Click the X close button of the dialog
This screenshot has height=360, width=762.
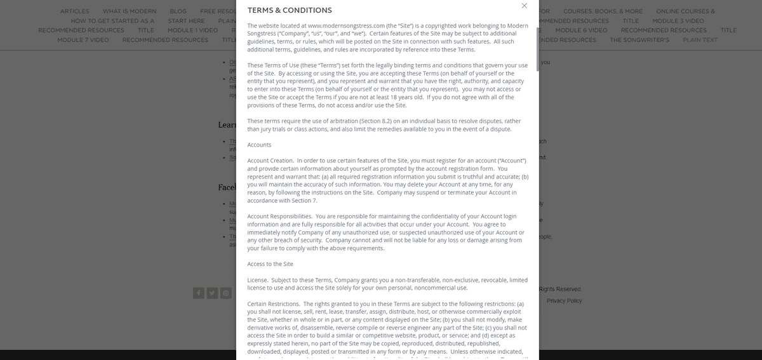coord(524,6)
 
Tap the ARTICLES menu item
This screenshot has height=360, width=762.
coord(74,11)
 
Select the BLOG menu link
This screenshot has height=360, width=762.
coord(178,11)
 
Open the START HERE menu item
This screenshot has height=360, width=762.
coord(186,21)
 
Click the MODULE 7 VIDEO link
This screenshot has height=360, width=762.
coord(83,40)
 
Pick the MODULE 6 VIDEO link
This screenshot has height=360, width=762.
coord(581,30)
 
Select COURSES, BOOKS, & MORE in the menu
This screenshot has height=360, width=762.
coord(603,11)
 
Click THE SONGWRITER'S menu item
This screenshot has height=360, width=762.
coord(639,40)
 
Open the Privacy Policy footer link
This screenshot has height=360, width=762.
coord(564,300)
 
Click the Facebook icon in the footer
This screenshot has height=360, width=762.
coord(199,293)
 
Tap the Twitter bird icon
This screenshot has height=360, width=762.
coord(212,293)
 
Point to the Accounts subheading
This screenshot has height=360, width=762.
coord(258,145)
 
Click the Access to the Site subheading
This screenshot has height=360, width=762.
coord(270,263)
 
